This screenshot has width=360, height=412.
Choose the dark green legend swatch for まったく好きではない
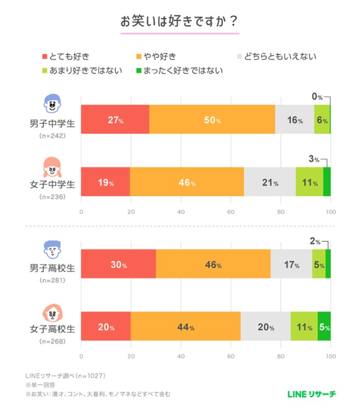(140, 71)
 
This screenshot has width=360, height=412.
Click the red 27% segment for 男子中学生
(115, 119)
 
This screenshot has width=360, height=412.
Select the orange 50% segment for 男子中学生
(212, 119)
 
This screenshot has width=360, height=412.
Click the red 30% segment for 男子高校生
(119, 263)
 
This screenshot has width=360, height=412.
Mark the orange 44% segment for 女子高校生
(185, 325)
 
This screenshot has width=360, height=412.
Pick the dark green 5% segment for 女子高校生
(324, 325)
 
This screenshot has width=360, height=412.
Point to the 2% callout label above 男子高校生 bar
(316, 242)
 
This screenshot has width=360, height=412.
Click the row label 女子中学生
(52, 184)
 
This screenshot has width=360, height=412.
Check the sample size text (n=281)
(52, 279)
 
